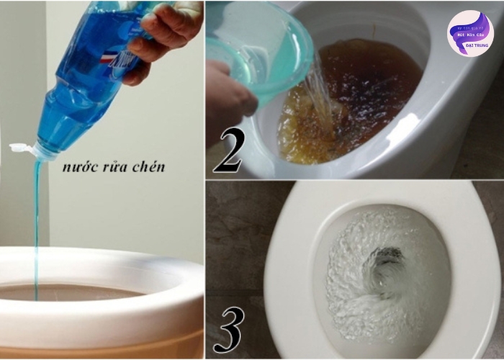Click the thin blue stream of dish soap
coord(36,216)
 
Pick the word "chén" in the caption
coord(149,167)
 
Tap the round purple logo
coord(469,33)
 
